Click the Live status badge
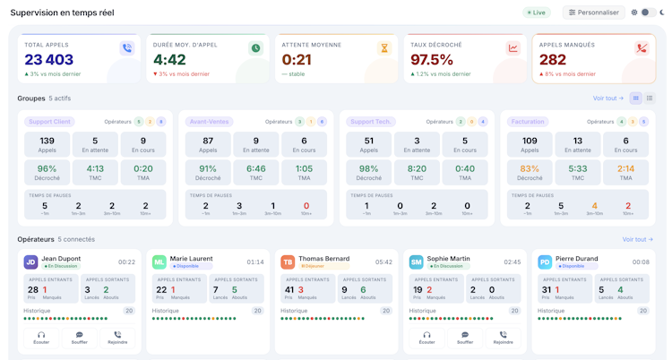pos(538,13)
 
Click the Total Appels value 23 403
pos(48,60)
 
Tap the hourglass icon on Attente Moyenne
pos(384,48)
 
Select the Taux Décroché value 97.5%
pos(432,60)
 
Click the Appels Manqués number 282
pos(553,60)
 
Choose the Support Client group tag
pos(49,122)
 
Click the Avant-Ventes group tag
pos(209,122)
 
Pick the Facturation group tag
pos(528,122)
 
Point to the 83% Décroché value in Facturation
pos(530,168)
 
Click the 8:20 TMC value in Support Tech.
pos(417,168)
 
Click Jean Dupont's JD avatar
pos(30,262)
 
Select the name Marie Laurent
pos(191,259)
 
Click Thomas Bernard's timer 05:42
pos(383,262)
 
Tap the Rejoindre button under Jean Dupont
pos(117,338)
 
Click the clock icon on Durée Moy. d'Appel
pos(255,48)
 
